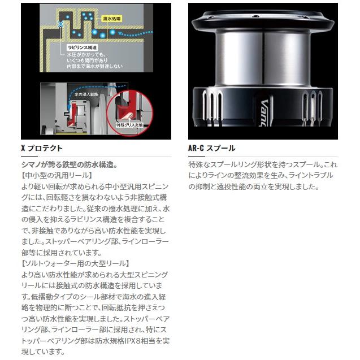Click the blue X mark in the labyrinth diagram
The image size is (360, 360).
61,24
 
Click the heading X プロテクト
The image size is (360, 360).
41,148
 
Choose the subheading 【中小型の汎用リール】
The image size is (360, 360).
51,175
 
